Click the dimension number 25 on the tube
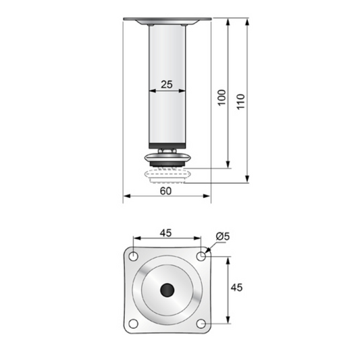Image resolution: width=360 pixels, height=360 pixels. pos(166,84)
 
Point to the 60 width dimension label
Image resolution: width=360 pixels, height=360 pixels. pos(166,190)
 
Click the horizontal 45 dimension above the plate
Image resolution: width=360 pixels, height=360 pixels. pos(165,232)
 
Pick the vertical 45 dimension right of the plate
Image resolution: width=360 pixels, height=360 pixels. pos(237,287)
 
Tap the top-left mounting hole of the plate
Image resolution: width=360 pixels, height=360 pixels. pos(134,257)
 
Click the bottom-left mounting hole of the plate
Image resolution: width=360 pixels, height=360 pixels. pos(134,323)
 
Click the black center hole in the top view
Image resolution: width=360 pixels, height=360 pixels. pos(167,290)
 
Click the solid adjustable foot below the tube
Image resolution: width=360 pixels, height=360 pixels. pos(167,160)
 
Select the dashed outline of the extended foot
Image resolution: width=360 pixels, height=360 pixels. pos(167,176)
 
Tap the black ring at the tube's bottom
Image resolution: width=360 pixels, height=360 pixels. pos(167,145)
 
